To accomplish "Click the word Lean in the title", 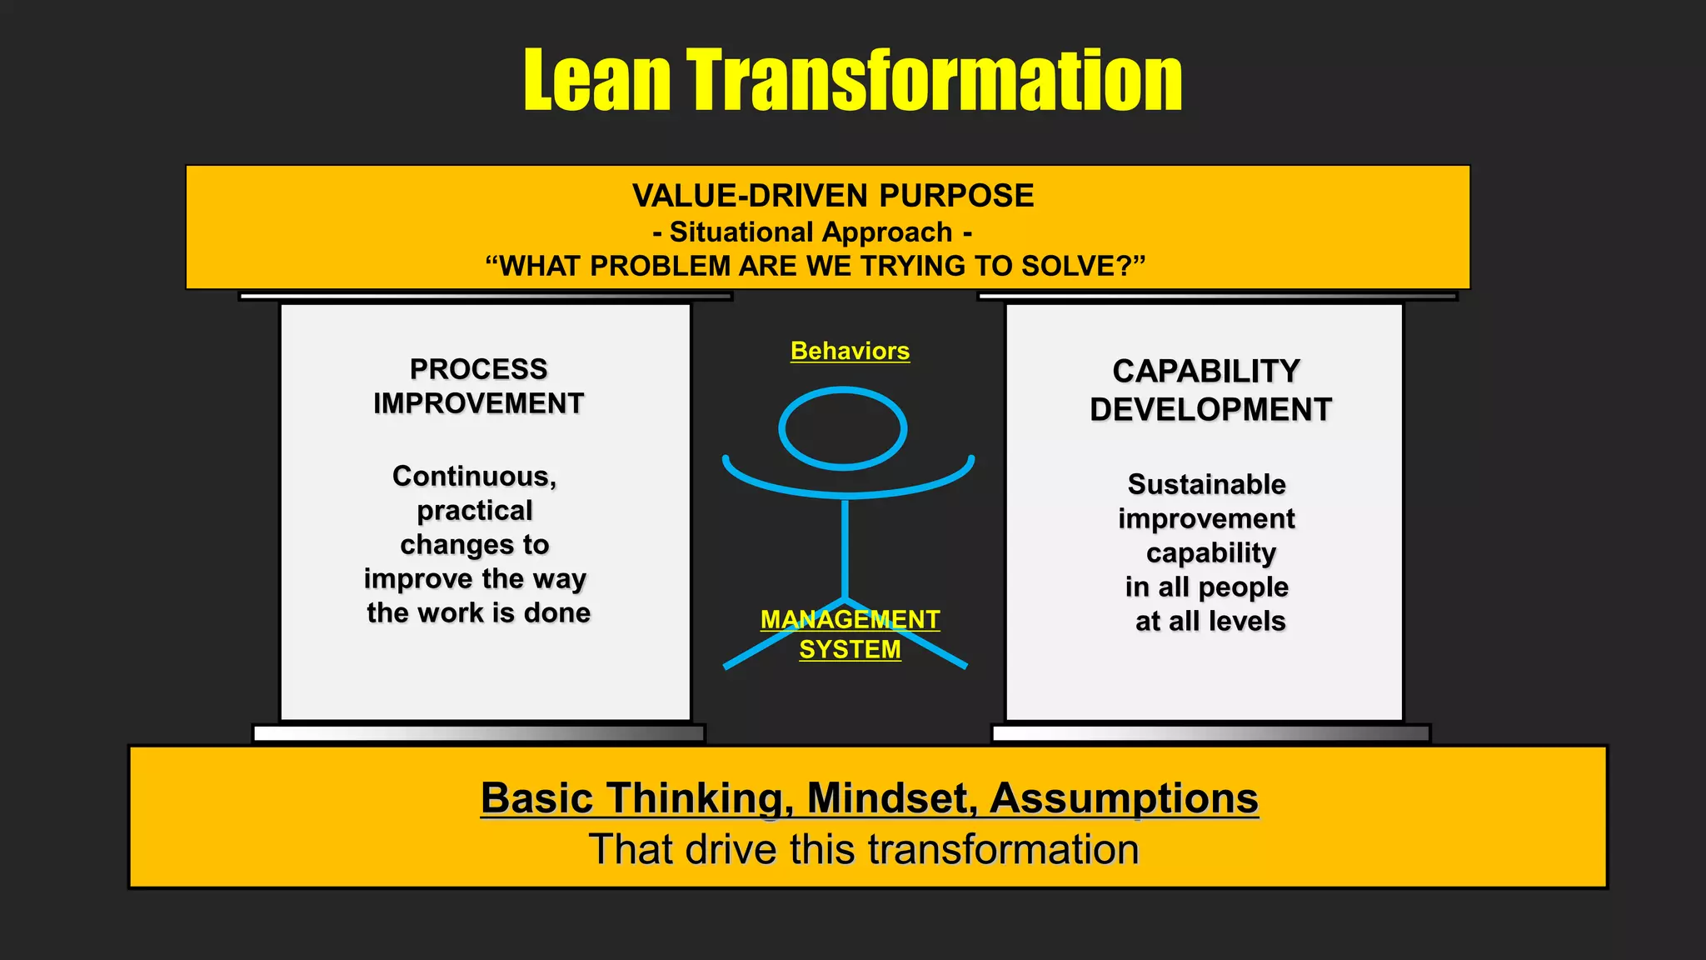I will click(596, 80).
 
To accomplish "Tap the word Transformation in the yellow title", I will click(935, 80).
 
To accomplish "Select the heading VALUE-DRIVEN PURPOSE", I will click(833, 196).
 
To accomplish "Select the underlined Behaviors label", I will click(850, 351).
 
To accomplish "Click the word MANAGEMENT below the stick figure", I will click(850, 619).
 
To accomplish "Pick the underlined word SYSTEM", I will click(850, 649).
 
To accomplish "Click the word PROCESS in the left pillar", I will click(478, 369).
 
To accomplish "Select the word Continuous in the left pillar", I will click(474, 476).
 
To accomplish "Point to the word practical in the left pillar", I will click(475, 510).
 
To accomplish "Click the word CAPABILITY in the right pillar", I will click(1206, 372).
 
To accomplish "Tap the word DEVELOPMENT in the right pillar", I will click(1211, 410).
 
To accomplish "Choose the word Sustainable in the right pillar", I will click(1207, 484).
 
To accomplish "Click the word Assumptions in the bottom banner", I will click(1124, 797).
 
